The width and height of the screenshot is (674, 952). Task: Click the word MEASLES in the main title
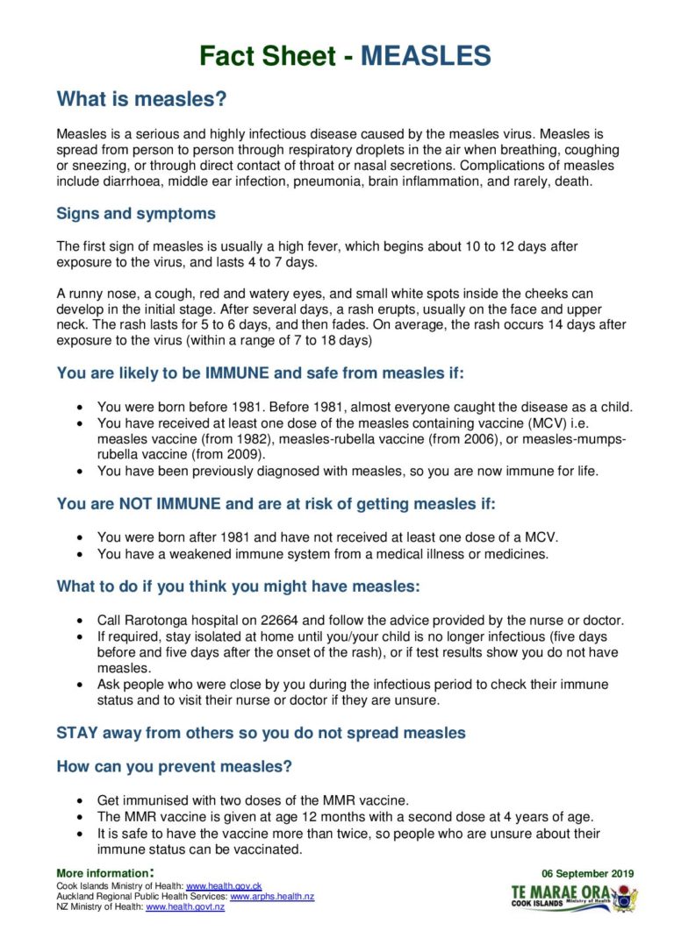[426, 56]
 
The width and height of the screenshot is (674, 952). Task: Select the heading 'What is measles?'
[141, 100]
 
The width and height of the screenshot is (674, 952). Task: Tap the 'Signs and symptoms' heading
[135, 214]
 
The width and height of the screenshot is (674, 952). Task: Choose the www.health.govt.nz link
[185, 907]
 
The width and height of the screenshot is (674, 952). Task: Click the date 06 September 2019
[587, 874]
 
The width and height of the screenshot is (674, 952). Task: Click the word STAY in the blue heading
[78, 733]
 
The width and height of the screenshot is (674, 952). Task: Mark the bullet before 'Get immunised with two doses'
[81, 801]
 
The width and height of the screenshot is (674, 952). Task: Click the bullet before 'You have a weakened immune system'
[81, 554]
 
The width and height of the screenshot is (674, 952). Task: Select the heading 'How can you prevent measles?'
[174, 766]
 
